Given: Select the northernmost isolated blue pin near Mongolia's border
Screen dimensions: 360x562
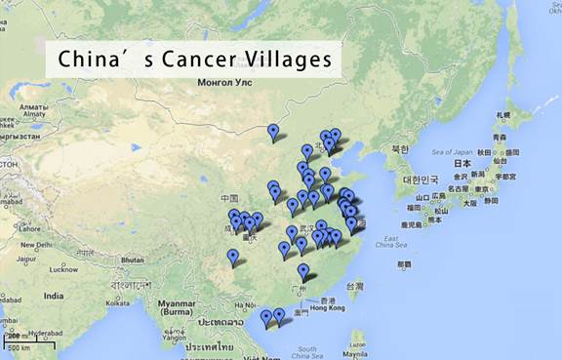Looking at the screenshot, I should [273, 132].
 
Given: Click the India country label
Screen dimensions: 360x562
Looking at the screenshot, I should [53, 296].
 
